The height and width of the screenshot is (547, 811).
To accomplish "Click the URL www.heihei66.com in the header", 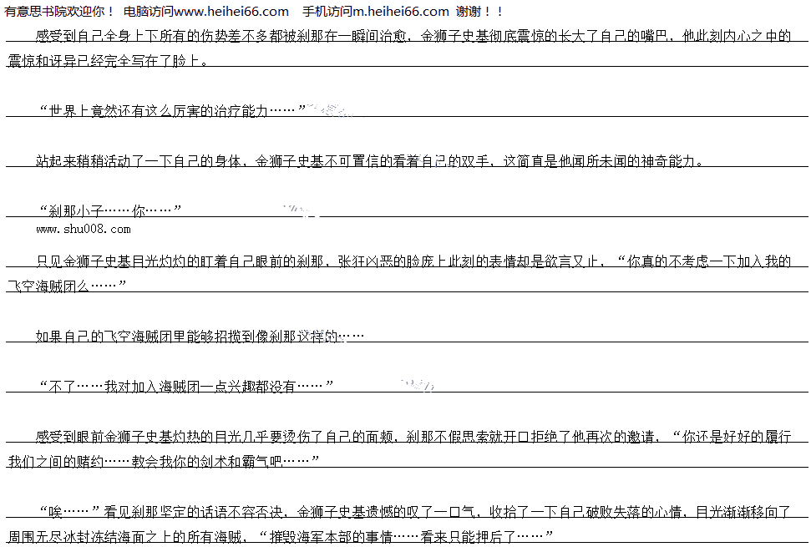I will (x=232, y=12).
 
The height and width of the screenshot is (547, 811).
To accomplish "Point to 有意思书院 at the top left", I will (x=32, y=12).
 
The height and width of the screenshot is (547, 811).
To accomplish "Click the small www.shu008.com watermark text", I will (x=84, y=229).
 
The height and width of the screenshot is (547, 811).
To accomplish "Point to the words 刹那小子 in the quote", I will (x=75, y=210).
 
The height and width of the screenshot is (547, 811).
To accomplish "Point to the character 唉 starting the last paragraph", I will (x=47, y=511).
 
